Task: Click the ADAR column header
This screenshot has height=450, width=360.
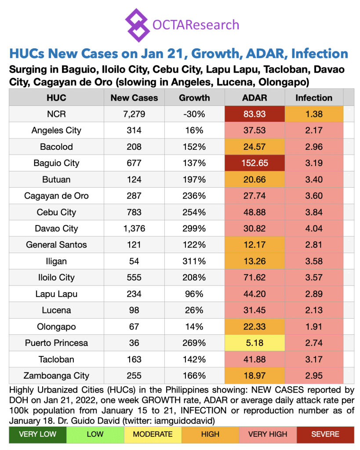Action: pos(255,98)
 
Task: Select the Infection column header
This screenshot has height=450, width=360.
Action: pos(313,98)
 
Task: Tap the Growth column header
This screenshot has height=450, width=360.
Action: pos(194,98)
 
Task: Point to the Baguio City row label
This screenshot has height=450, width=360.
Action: pos(57,163)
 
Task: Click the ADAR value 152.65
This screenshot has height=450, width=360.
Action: pos(255,163)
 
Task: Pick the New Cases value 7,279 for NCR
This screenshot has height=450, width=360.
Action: pos(134,114)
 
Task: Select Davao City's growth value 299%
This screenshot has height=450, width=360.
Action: pos(194,229)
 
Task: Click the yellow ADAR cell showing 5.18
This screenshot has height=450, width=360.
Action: pos(255,343)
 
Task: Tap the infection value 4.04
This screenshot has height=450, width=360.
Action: pos(313,229)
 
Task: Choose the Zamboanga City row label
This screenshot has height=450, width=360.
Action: pos(57,376)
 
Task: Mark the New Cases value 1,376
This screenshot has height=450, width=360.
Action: pos(134,229)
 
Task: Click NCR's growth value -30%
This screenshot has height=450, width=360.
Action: pos(194,114)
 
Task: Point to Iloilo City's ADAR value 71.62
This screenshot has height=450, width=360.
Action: pos(255,277)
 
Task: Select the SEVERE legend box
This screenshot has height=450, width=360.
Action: pos(325,434)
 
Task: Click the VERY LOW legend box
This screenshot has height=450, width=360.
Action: pos(37,434)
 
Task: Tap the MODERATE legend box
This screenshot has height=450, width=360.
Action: pos(153,434)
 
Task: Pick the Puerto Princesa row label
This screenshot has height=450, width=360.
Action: pos(57,343)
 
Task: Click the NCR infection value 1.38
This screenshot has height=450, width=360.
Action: pos(313,114)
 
